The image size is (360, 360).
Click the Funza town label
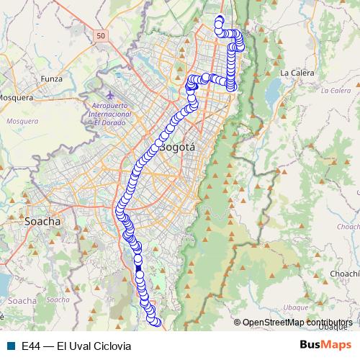click(x=52, y=78)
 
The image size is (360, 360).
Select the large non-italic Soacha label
click(x=43, y=221)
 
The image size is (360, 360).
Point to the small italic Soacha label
click(x=22, y=300)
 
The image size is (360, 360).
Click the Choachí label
click(x=343, y=274)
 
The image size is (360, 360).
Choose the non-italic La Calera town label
click(x=294, y=73)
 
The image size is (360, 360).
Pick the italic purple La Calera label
click(x=335, y=91)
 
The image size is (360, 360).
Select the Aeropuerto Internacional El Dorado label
click(x=109, y=114)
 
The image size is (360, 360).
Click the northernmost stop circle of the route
click(x=220, y=19)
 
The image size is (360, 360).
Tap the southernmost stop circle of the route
click(x=153, y=322)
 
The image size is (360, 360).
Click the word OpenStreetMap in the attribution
click(x=272, y=322)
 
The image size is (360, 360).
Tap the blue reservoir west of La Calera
click(x=274, y=92)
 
